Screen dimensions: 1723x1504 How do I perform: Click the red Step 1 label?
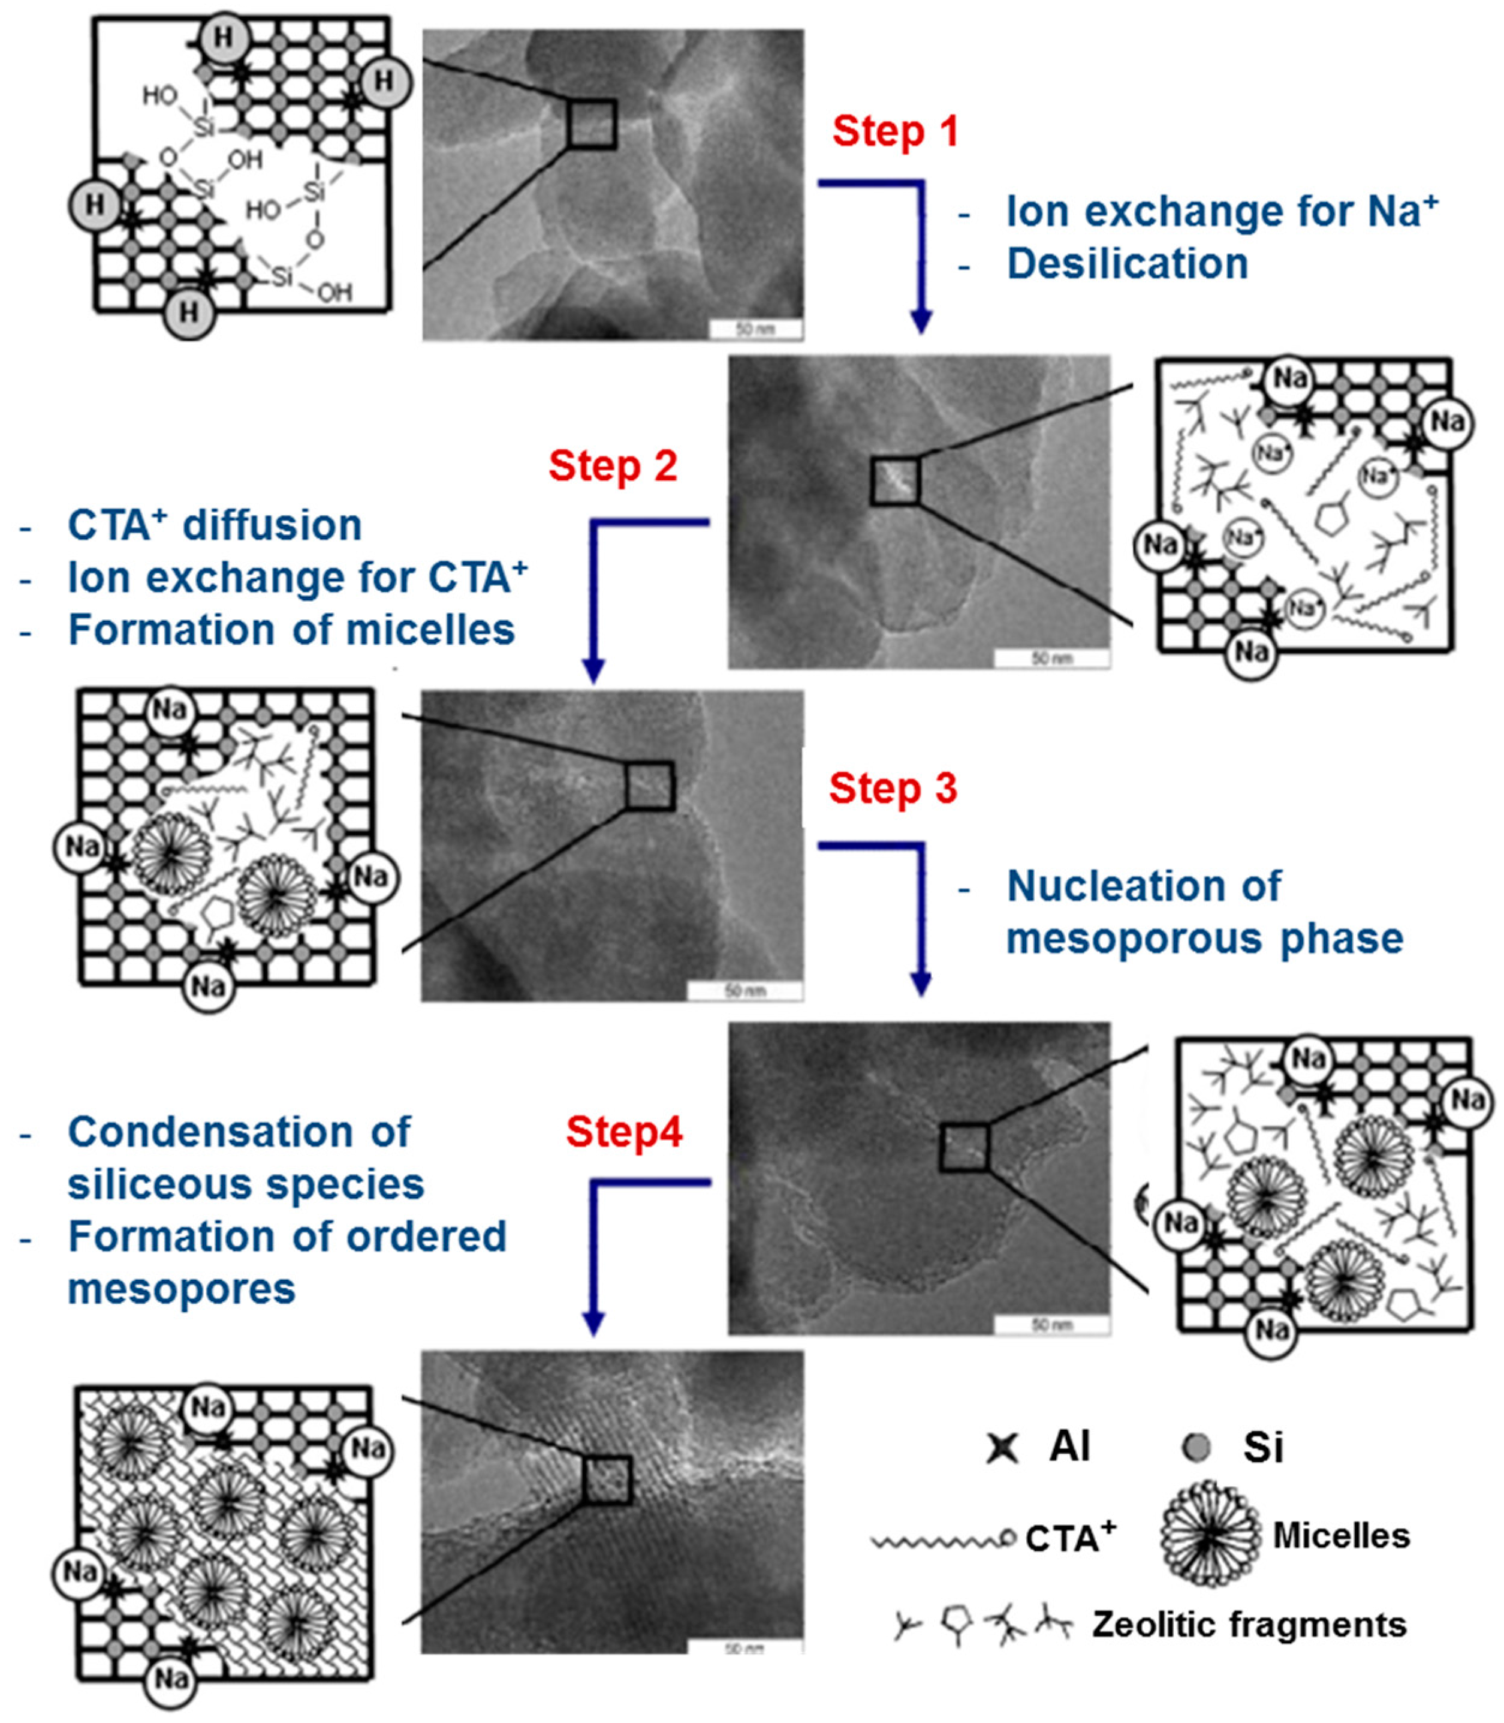coord(895,132)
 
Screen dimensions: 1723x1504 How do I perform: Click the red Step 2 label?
coord(613,466)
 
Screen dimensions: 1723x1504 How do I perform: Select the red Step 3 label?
coord(893,789)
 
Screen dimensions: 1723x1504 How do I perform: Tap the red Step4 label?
coord(623,1131)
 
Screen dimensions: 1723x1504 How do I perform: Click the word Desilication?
coord(1127,264)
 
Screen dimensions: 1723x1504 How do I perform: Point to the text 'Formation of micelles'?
coord(291,630)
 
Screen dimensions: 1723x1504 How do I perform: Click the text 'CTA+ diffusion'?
coord(214,525)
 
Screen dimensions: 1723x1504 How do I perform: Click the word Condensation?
coord(239,1132)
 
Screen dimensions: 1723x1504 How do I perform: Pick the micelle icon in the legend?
coord(1210,1534)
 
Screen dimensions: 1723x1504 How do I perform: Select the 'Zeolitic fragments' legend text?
coord(1249,1624)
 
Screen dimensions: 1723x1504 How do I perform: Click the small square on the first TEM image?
coord(592,124)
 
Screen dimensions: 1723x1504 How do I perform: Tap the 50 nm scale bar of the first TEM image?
coord(755,328)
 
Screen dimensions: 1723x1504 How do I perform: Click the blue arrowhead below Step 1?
coord(921,321)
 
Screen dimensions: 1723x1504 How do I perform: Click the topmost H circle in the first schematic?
coord(223,38)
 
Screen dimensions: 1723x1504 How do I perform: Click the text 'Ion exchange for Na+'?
coord(1222,212)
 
